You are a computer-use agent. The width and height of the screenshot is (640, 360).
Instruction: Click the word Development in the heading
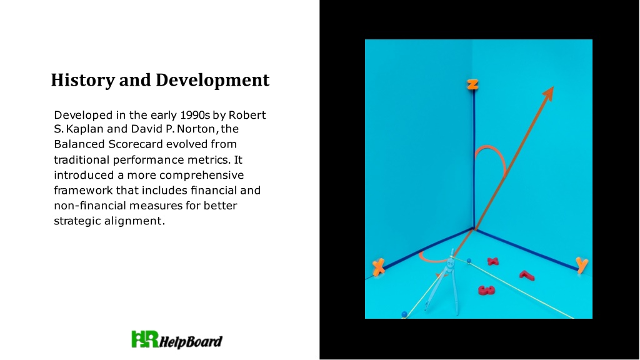pyautogui.click(x=212, y=80)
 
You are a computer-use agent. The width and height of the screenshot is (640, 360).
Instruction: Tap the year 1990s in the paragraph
pyautogui.click(x=195, y=115)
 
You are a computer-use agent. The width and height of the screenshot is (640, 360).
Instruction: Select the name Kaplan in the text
pyautogui.click(x=85, y=129)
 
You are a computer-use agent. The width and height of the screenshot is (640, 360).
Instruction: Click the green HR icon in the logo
pyautogui.click(x=145, y=339)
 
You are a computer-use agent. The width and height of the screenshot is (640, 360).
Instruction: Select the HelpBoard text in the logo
pyautogui.click(x=191, y=341)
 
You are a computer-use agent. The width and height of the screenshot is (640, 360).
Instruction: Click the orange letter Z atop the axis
pyautogui.click(x=472, y=84)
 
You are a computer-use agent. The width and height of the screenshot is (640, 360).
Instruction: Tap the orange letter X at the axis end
pyautogui.click(x=379, y=267)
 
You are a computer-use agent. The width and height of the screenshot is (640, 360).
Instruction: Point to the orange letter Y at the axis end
pyautogui.click(x=582, y=265)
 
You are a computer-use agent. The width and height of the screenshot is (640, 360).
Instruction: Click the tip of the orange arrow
pyautogui.click(x=554, y=86)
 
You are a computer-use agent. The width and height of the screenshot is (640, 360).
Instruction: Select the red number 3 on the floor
pyautogui.click(x=486, y=290)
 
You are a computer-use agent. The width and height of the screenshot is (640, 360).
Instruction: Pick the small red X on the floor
pyautogui.click(x=493, y=261)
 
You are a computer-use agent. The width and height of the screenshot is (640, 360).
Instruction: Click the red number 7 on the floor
pyautogui.click(x=527, y=276)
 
